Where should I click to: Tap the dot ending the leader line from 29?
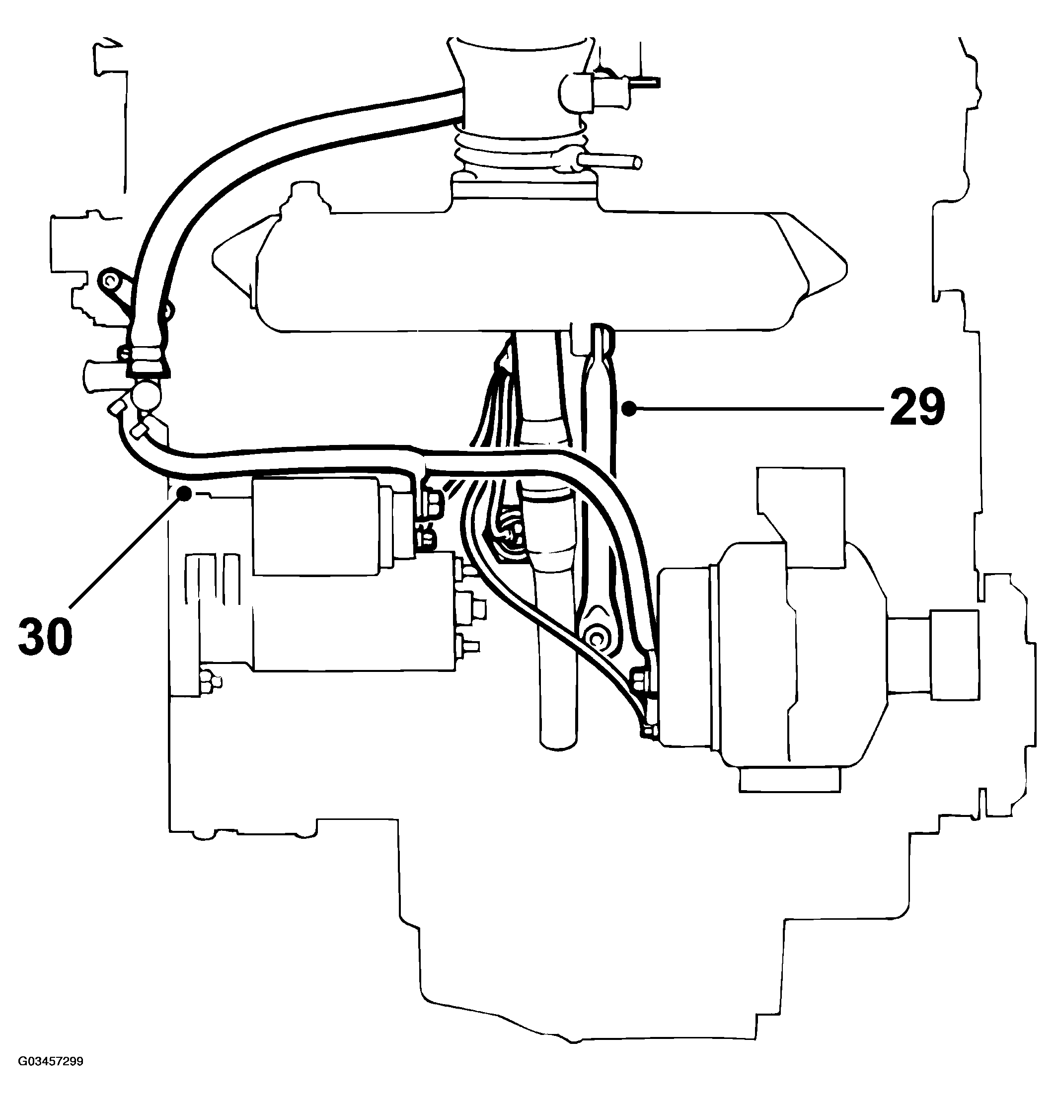(631, 409)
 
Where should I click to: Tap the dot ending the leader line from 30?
(183, 493)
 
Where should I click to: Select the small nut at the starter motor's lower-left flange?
(209, 681)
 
